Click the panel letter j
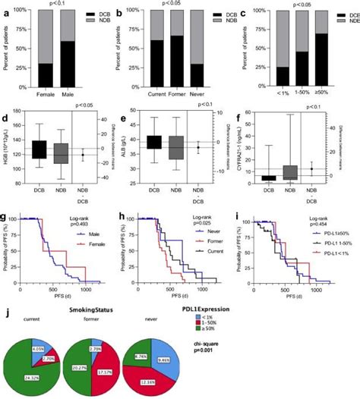coord(5,309)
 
